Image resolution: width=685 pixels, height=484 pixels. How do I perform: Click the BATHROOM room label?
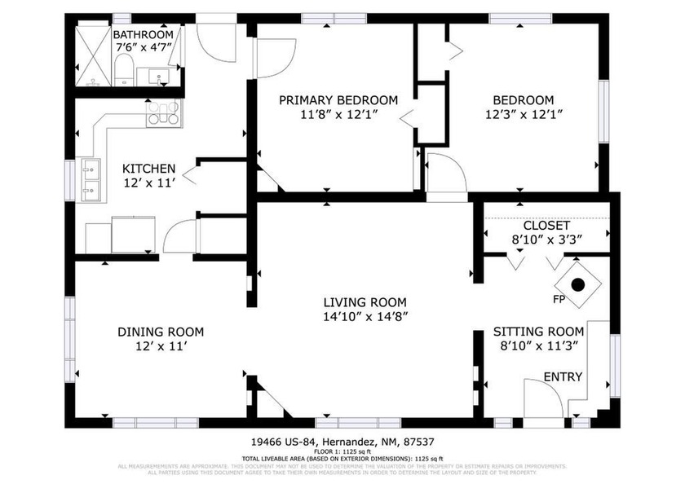pyautogui.click(x=143, y=35)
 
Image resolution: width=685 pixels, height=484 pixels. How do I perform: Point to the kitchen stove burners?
pyautogui.click(x=163, y=112)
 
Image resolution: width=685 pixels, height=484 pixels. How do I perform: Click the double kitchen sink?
pyautogui.click(x=89, y=180)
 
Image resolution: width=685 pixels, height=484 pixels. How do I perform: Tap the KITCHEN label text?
pyautogui.click(x=148, y=168)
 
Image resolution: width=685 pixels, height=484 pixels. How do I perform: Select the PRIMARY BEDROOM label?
pyautogui.click(x=338, y=100)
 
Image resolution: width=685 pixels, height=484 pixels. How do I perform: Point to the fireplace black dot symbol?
pyautogui.click(x=577, y=285)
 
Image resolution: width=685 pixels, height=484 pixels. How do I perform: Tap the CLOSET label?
pyautogui.click(x=546, y=225)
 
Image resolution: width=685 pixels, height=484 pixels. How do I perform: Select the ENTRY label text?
pyautogui.click(x=563, y=376)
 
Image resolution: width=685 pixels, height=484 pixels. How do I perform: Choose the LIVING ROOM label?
pyautogui.click(x=365, y=301)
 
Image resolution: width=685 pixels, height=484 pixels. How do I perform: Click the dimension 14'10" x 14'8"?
pyautogui.click(x=365, y=316)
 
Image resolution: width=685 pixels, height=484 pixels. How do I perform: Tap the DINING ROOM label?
pyautogui.click(x=161, y=332)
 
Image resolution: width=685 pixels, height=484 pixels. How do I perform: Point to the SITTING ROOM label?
pyautogui.click(x=538, y=332)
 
